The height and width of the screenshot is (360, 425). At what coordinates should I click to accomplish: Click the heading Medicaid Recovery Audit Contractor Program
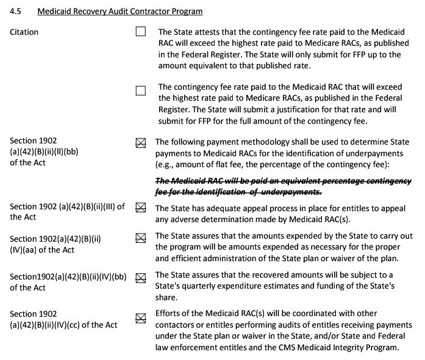click(120, 12)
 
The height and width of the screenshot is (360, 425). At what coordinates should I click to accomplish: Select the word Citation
click(24, 32)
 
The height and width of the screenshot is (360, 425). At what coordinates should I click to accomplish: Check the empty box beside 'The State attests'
click(141, 32)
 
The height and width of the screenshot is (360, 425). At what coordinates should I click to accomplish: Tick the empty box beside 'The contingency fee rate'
click(141, 91)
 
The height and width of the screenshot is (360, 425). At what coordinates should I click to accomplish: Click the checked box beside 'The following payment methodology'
click(141, 143)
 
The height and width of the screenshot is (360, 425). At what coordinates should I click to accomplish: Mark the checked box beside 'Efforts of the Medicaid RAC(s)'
click(141, 317)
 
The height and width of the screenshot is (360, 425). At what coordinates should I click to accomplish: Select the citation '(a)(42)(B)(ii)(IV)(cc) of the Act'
click(63, 325)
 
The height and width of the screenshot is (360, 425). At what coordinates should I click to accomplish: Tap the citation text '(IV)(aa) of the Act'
click(42, 250)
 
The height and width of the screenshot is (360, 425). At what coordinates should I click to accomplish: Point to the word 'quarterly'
click(208, 286)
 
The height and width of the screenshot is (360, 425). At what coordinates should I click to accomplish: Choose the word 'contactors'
click(177, 325)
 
